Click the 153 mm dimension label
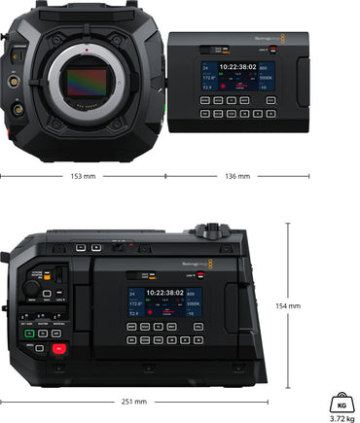coord(83,176)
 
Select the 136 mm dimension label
coord(236,176)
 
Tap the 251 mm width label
coord(133,401)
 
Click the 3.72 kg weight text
coord(342,418)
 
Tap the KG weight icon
coord(342,401)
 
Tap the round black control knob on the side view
coord(32,288)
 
